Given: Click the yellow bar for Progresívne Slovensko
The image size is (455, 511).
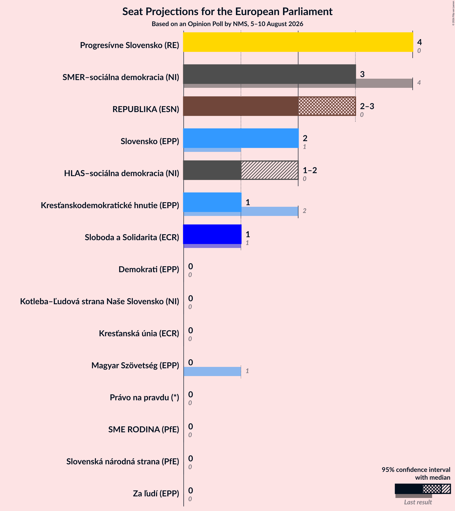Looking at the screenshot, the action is coord(298,42).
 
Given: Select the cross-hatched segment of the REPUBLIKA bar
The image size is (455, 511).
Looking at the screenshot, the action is coord(327,106).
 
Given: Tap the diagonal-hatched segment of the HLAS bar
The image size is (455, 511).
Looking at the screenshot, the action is coord(270,170).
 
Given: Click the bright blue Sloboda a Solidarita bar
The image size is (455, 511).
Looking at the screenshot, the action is coord(212,234).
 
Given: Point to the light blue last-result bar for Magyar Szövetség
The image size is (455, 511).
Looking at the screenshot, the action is coord(212,371).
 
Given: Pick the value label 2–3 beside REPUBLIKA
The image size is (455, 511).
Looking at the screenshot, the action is coord(367,106).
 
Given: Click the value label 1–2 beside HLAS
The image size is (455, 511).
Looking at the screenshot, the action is coord(310,170).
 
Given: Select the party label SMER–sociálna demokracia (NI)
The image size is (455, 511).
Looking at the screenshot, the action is coord(121,77).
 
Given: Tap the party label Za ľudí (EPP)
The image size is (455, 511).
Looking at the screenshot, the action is coord(156,493).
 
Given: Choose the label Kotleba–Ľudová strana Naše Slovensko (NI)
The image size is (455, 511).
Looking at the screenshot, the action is coord(100,301).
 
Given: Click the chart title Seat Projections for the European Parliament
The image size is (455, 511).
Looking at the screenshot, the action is coord(227,11).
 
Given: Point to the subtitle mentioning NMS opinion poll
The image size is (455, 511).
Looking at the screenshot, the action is coord(227,24).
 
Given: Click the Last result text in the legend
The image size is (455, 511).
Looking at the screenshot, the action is coord(418,502).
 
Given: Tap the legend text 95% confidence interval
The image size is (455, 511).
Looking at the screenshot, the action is coord(416,470).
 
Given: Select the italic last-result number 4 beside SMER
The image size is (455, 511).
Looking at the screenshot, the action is coord(419,83).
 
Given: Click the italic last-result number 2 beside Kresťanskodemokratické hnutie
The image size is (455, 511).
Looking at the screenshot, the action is coord(304,211).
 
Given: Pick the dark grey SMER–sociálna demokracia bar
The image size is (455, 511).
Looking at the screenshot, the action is coord(270,74).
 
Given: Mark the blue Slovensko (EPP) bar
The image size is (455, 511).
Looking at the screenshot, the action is coord(241,138).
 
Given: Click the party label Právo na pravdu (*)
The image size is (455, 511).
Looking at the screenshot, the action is coord(144,397).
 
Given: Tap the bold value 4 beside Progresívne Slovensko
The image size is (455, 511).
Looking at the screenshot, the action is coord(420,42).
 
